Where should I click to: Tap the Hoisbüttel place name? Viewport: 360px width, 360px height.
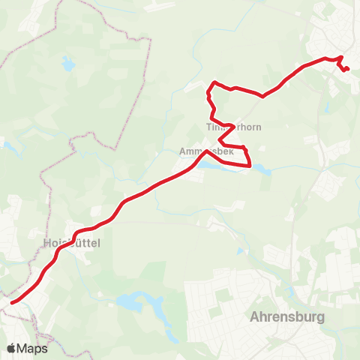click(x=72, y=243)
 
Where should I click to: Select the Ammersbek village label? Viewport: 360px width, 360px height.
click(x=207, y=151)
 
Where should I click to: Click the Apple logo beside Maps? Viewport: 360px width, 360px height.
click(x=11, y=348)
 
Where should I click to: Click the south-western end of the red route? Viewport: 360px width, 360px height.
click(x=12, y=303)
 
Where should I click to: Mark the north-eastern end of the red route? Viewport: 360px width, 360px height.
click(x=348, y=70)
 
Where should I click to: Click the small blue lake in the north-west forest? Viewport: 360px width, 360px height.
click(x=69, y=66)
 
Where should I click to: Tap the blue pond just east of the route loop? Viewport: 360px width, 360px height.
click(x=265, y=171)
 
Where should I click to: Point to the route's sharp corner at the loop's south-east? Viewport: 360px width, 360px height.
click(x=249, y=166)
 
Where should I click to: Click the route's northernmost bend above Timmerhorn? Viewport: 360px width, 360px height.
click(x=215, y=82)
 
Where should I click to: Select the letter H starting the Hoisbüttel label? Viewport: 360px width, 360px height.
click(x=47, y=243)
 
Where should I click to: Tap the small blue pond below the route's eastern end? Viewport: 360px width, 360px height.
click(x=328, y=107)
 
